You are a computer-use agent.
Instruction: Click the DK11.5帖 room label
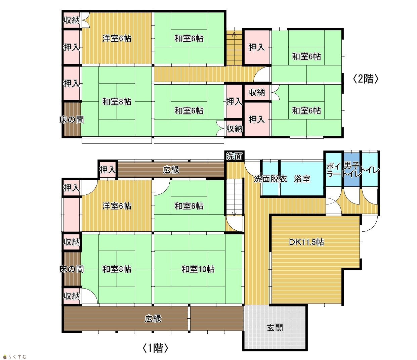(x=306, y=242)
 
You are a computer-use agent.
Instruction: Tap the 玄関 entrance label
(x=275, y=328)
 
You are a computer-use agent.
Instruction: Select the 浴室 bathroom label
(x=302, y=179)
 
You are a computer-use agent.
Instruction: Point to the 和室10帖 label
(x=198, y=269)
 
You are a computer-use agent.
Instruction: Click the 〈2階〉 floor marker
(x=365, y=79)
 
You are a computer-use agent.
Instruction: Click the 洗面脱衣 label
(x=270, y=179)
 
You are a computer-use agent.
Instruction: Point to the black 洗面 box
(x=234, y=156)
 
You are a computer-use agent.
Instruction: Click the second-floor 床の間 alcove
(x=72, y=120)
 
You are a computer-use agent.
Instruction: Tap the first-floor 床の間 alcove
(x=72, y=269)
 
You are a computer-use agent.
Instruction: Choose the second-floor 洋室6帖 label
(x=117, y=38)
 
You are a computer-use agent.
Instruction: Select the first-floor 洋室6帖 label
(x=117, y=206)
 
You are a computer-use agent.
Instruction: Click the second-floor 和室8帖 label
(x=117, y=101)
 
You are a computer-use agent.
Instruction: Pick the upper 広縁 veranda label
(x=171, y=170)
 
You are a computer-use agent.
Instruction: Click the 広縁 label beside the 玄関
(x=153, y=319)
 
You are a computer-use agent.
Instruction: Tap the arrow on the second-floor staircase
(x=234, y=34)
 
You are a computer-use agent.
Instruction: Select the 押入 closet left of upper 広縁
(x=108, y=170)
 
